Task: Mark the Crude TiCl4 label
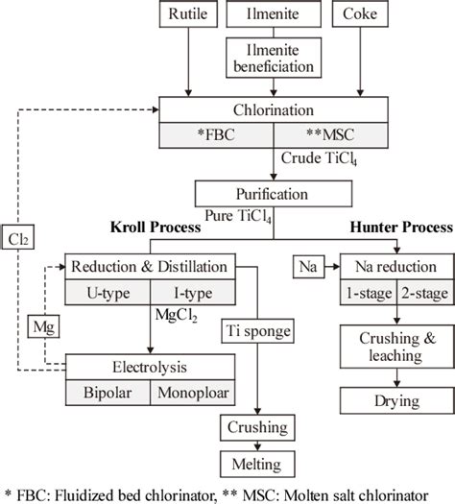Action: [x=319, y=156]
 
